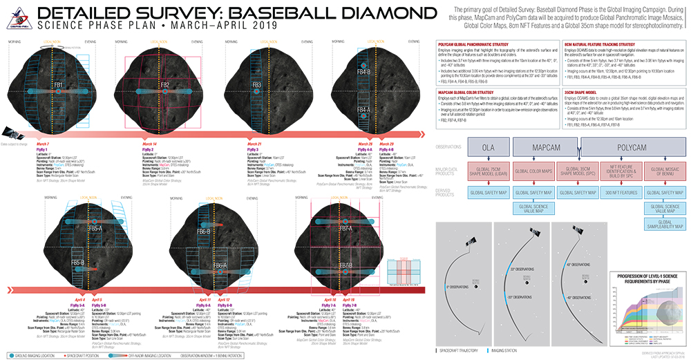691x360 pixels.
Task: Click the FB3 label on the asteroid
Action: tap(256, 85)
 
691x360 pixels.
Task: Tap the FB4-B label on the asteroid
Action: tap(363, 72)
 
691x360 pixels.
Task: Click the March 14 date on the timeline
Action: tap(148, 143)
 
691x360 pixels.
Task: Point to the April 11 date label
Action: tap(205, 299)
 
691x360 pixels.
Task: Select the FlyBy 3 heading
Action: tap(253, 149)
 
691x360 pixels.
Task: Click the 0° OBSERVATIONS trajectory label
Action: tap(460, 285)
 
